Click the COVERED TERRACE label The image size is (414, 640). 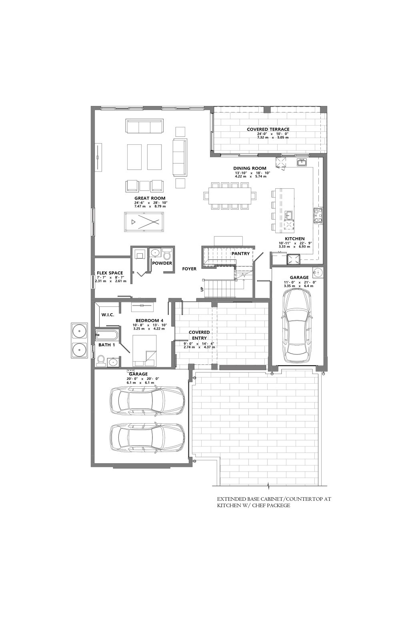(x=268, y=130)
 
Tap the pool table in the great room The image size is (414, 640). (x=144, y=222)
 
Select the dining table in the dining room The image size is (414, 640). (x=230, y=196)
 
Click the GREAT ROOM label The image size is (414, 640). (x=150, y=198)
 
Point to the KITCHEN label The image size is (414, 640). (x=294, y=238)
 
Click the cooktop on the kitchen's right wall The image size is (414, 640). (x=318, y=216)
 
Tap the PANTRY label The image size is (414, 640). (x=240, y=254)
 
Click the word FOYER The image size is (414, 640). (x=189, y=268)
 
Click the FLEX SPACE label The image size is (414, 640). (x=110, y=273)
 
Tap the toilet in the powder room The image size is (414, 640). (x=167, y=254)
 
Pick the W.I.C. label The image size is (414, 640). (x=108, y=314)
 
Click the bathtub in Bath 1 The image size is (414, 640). (x=106, y=334)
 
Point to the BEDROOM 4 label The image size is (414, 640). (x=150, y=320)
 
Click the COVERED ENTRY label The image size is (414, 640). (x=199, y=335)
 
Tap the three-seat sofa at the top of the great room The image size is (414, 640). (x=144, y=126)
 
